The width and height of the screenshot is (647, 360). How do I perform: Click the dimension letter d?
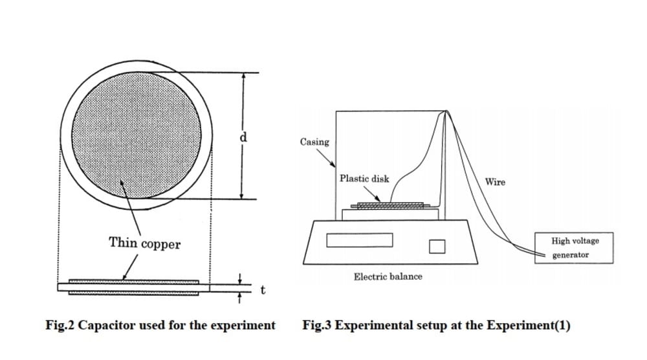tap(244, 137)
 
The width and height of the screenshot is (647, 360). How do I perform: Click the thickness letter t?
tap(262, 290)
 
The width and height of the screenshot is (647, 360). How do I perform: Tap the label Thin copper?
tap(144, 243)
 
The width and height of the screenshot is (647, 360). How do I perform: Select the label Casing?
tap(314, 142)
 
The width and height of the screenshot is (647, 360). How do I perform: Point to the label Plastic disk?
tap(364, 178)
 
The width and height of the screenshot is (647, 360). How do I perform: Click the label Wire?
tap(495, 182)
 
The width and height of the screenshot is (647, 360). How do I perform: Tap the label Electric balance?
tap(388, 276)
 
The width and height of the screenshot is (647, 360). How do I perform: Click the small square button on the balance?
tap(437, 246)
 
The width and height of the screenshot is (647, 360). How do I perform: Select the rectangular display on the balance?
tap(360, 240)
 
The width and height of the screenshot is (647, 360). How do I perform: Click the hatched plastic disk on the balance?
tap(390, 205)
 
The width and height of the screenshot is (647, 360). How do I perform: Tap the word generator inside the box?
tap(571, 255)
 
